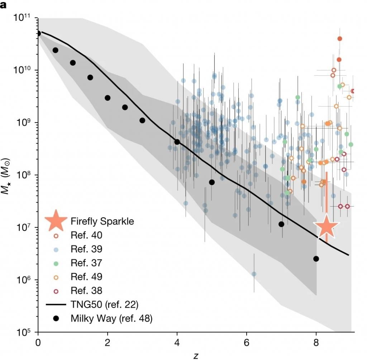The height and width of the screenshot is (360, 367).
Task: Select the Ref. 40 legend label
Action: click(x=87, y=235)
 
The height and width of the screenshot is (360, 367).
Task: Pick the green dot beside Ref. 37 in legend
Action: click(x=56, y=263)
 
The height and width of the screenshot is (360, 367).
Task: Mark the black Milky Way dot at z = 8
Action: click(x=316, y=259)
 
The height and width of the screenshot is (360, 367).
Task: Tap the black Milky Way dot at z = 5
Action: click(x=212, y=182)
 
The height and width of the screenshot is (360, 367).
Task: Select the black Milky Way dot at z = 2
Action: click(x=108, y=98)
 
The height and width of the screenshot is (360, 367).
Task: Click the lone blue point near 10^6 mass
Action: click(x=254, y=274)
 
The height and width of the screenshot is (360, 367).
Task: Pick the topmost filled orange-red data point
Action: click(x=340, y=38)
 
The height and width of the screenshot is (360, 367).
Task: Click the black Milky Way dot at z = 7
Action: click(x=281, y=224)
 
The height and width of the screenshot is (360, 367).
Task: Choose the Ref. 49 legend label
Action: click(x=87, y=276)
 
